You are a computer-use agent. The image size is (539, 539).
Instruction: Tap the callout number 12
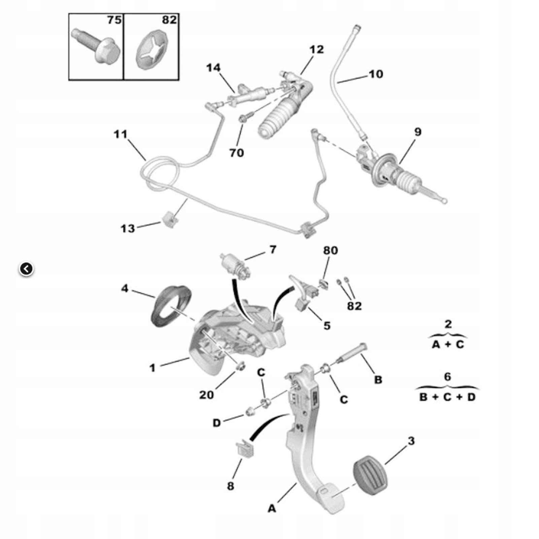pyautogui.click(x=316, y=49)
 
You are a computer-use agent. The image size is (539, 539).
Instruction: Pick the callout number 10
pyautogui.click(x=376, y=74)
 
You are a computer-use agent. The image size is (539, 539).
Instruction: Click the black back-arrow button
pyautogui.click(x=26, y=269)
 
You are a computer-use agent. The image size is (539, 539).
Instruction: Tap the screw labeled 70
pyautogui.click(x=243, y=119)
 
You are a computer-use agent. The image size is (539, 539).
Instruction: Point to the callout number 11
pyautogui.click(x=121, y=135)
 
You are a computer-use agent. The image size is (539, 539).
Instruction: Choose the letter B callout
pyautogui.click(x=378, y=380)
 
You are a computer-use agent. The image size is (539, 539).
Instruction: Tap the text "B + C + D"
pyautogui.click(x=447, y=397)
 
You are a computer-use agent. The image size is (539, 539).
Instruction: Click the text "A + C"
pyautogui.click(x=448, y=344)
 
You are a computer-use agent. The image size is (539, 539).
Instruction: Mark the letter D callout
pyautogui.click(x=216, y=423)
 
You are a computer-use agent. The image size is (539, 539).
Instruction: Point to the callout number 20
pyautogui.click(x=206, y=395)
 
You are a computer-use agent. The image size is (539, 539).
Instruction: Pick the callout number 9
pyautogui.click(x=417, y=132)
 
